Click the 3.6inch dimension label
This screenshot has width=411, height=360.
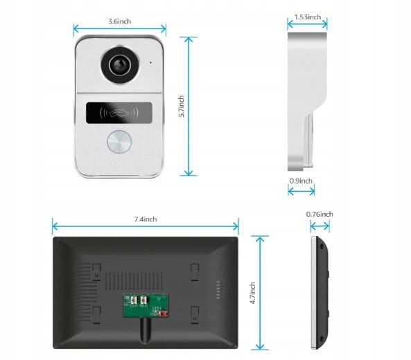click(120, 21)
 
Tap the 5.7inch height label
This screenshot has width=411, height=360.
click(181, 106)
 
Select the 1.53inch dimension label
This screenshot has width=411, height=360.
click(308, 17)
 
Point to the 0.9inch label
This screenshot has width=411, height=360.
click(301, 181)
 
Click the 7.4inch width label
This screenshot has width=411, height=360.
click(146, 219)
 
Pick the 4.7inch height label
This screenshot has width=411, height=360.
click(253, 293)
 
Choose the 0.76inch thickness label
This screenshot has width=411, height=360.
click(320, 214)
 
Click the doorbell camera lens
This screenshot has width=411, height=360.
click(121, 64)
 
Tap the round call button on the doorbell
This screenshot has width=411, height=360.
click(119, 142)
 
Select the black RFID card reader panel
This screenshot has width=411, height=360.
click(119, 113)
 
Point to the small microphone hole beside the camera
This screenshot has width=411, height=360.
click(150, 62)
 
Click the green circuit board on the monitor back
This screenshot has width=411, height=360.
click(146, 305)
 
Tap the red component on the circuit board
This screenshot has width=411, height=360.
click(164, 314)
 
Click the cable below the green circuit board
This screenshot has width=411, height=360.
click(145, 330)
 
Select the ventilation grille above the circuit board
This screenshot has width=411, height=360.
click(134, 281)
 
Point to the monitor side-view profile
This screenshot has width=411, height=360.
click(320, 292)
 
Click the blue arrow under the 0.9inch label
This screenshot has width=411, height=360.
click(301, 191)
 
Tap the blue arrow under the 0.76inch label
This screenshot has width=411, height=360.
click(320, 226)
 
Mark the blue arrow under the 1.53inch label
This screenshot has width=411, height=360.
click(307, 24)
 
